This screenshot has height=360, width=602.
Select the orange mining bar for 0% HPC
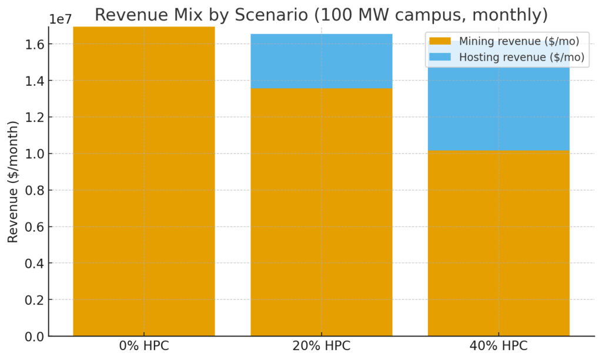point(144,182)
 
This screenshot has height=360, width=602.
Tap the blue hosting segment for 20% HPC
point(321,61)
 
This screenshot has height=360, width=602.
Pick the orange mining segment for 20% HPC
point(321,212)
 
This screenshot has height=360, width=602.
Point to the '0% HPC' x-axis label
point(144,346)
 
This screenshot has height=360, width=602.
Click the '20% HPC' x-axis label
point(321,346)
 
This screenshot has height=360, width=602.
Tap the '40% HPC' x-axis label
point(499,346)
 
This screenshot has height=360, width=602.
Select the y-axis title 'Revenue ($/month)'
point(13,181)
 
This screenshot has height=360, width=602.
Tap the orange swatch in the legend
point(440,41)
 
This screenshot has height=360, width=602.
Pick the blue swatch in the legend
point(440,57)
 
